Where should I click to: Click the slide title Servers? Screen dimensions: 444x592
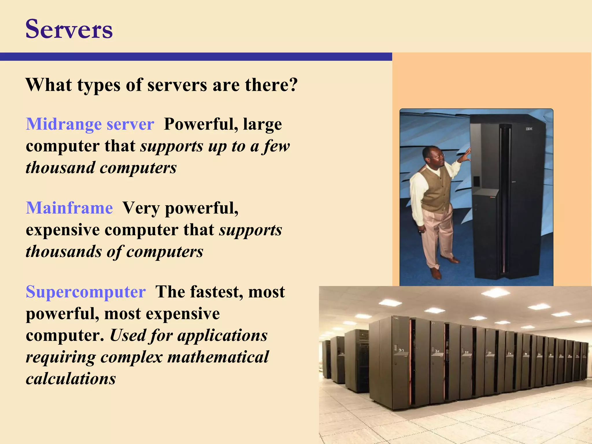[69, 29]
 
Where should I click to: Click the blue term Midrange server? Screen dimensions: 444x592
[90, 124]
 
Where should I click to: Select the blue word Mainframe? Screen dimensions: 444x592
[69, 208]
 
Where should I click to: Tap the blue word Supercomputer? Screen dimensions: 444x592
[86, 292]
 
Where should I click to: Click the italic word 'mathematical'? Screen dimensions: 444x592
[218, 357]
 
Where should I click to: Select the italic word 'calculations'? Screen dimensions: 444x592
[71, 379]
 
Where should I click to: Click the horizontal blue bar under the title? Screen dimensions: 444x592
[196, 57]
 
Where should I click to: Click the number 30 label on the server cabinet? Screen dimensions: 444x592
[401, 350]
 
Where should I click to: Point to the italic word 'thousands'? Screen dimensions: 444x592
[64, 251]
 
